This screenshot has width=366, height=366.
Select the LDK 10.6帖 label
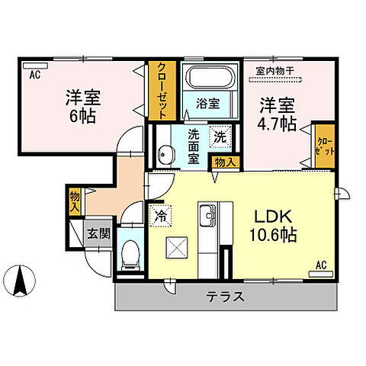click(272, 226)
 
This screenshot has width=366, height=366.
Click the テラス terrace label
click(226, 297)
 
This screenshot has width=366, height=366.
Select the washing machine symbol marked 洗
click(220, 137)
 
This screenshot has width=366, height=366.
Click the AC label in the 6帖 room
click(34, 75)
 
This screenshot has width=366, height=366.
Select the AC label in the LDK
click(321, 265)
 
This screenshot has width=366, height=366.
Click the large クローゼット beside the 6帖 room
click(160, 89)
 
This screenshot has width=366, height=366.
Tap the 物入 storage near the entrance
click(75, 200)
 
